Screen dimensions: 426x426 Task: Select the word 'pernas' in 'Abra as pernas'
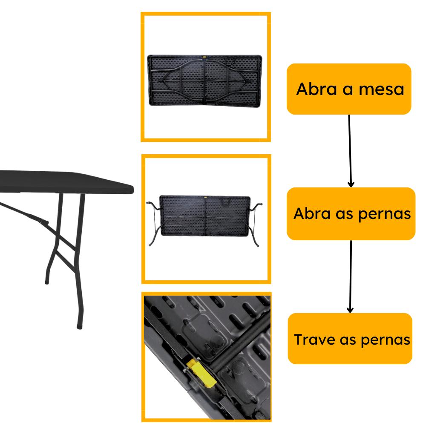point(384,215)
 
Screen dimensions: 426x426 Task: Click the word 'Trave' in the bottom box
point(315,340)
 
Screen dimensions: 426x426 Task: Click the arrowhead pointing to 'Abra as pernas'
point(351,184)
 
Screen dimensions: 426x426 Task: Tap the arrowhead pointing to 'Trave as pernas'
point(350,309)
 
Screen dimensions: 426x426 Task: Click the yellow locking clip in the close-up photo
point(201,372)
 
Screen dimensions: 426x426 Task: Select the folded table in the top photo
point(204,81)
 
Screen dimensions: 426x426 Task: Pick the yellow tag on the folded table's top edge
point(204,57)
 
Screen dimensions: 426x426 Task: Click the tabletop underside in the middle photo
point(205,215)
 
